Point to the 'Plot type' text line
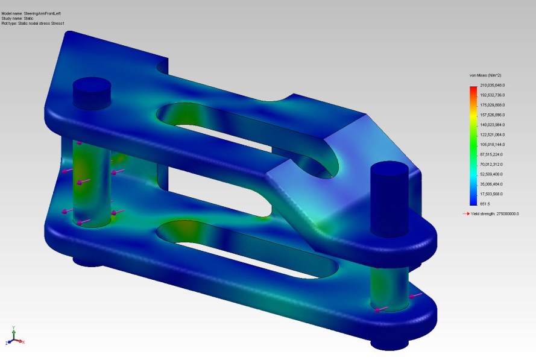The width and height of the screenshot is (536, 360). coord(33,24)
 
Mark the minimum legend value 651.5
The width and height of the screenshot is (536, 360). coord(485,204)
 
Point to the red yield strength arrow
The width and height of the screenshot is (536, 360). coord(465,213)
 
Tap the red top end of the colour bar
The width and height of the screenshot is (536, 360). coord(473,89)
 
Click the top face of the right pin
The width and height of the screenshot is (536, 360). coord(389,166)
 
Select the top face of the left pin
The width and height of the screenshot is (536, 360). coord(92,84)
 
